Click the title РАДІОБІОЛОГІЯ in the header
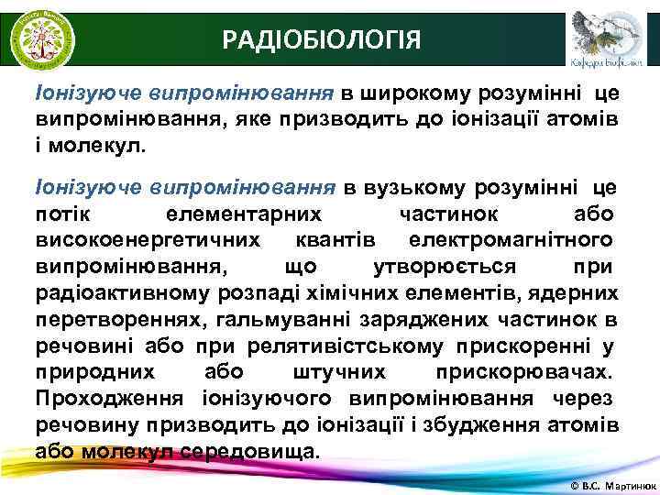(x=323, y=39)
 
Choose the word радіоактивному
(x=120, y=292)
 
